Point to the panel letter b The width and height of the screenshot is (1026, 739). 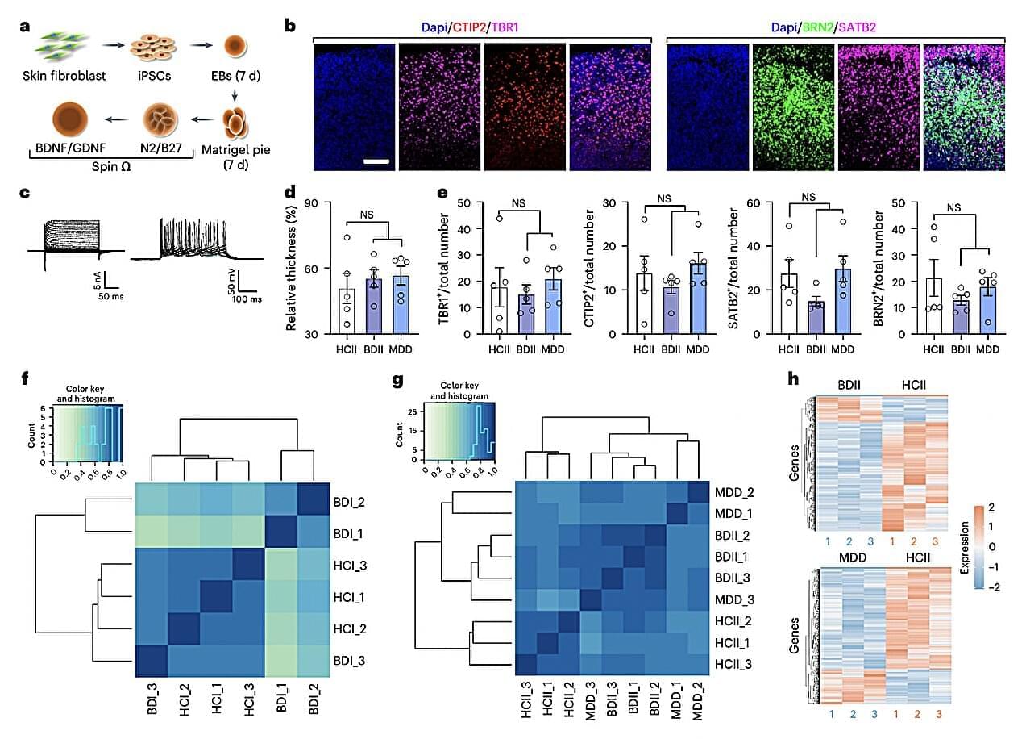290,26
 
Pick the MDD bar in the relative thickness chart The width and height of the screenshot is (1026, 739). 401,303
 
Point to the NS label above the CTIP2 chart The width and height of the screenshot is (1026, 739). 664,199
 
